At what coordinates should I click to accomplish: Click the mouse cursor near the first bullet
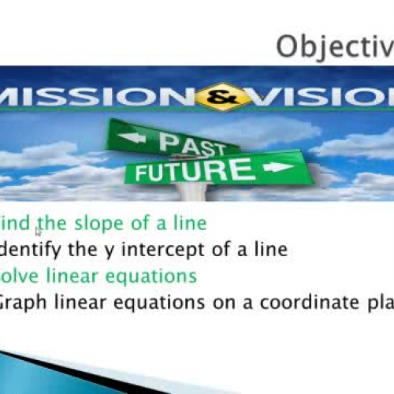[38, 231]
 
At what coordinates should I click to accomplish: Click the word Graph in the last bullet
[24, 302]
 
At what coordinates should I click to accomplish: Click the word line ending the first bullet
[189, 224]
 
